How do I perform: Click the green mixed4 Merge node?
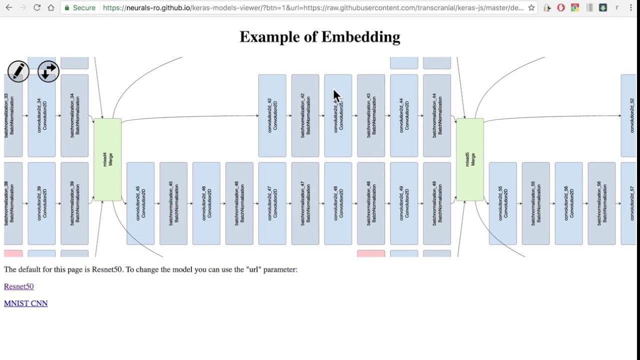[x=107, y=159]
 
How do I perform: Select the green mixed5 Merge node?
[x=470, y=159]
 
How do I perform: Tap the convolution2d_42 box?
[x=272, y=115]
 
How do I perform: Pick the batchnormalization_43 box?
[x=371, y=115]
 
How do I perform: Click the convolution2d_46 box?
[x=206, y=203]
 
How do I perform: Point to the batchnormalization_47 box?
[x=305, y=203]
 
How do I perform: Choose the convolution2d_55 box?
[x=503, y=203]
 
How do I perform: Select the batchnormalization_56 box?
[x=601, y=203]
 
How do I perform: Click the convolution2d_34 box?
[x=41, y=115]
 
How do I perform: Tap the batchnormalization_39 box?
[x=74, y=203]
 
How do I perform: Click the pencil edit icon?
[x=18, y=71]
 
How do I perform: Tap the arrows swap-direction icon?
[x=48, y=71]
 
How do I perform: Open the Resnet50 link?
[x=18, y=286]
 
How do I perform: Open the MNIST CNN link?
[x=25, y=303]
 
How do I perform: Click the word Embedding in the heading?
[x=360, y=37]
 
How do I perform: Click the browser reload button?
[x=37, y=7]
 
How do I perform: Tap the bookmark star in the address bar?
[x=531, y=7]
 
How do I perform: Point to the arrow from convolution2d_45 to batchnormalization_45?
[x=157, y=203]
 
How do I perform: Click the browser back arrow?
[x=8, y=7]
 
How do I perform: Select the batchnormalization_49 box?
[x=437, y=203]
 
